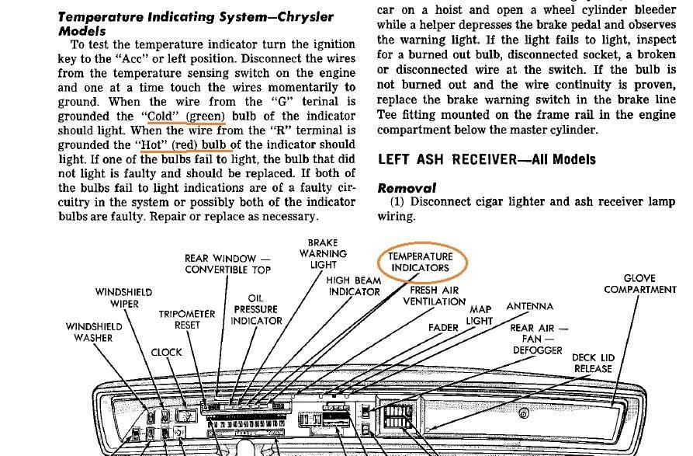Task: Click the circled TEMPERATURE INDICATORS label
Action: coord(420,262)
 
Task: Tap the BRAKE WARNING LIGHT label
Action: coord(323,253)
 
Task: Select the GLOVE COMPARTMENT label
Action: coord(640,284)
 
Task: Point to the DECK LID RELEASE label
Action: coord(593,363)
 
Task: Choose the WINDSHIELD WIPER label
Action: coord(118,298)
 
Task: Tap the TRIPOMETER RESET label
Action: coord(187,319)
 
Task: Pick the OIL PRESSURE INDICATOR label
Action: coord(256,309)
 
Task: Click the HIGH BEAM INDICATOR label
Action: coord(354,286)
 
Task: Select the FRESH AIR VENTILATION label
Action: coord(434,296)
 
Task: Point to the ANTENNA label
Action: coord(530,307)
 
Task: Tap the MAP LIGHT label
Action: coord(480,315)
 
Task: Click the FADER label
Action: coord(444,328)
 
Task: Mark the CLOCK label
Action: coord(166,352)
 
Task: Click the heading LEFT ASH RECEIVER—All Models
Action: coord(487,159)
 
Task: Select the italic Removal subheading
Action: coord(407,188)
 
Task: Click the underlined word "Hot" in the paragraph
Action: coord(152,144)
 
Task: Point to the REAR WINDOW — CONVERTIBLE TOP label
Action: coord(227,264)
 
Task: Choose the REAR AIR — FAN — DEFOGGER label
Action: coord(538,339)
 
